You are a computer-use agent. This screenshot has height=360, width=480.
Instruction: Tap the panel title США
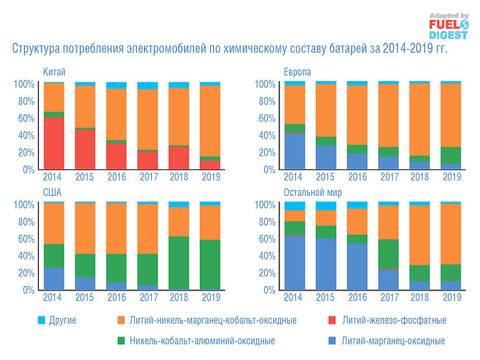point(53,193)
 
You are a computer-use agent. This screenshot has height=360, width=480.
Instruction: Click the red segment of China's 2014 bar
point(54,143)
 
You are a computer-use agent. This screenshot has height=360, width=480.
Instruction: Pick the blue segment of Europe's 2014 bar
point(295,150)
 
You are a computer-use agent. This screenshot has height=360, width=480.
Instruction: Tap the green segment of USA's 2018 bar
point(178,262)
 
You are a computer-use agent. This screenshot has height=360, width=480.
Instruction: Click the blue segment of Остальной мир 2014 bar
point(295,262)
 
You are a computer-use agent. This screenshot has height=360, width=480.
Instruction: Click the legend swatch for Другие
point(42,320)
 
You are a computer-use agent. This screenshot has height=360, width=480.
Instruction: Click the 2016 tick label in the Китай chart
point(117,176)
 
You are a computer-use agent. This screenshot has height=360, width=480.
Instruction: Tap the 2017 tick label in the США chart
point(148,297)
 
